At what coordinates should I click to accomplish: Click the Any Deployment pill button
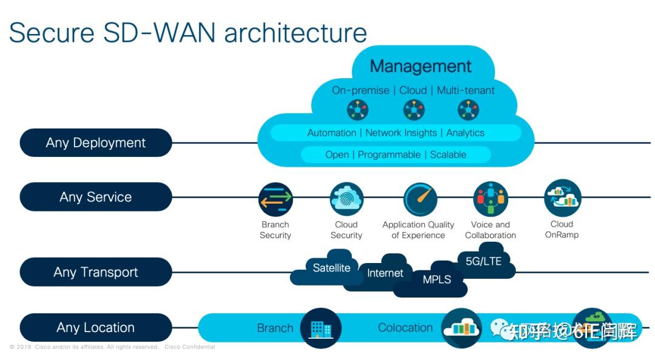[96, 143]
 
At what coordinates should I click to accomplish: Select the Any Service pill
[96, 197]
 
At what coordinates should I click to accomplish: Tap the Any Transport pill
[96, 272]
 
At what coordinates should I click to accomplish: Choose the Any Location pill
[96, 328]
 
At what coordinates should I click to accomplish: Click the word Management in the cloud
[420, 66]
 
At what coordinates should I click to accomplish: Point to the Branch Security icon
[275, 199]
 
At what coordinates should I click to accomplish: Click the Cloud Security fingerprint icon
[346, 199]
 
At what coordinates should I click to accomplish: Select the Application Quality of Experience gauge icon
[420, 199]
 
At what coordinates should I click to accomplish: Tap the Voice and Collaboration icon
[490, 199]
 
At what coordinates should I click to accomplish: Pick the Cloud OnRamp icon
[562, 198]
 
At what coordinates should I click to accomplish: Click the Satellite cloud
[331, 267]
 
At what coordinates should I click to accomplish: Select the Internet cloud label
[385, 273]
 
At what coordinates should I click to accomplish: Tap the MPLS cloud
[437, 280]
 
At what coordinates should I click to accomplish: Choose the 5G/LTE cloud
[483, 261]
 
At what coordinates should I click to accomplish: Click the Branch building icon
[321, 328]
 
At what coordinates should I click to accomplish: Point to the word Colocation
[405, 328]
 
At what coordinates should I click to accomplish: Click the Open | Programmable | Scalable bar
[395, 155]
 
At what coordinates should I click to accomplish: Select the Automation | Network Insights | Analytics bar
[395, 133]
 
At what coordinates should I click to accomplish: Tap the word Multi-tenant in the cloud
[466, 90]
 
